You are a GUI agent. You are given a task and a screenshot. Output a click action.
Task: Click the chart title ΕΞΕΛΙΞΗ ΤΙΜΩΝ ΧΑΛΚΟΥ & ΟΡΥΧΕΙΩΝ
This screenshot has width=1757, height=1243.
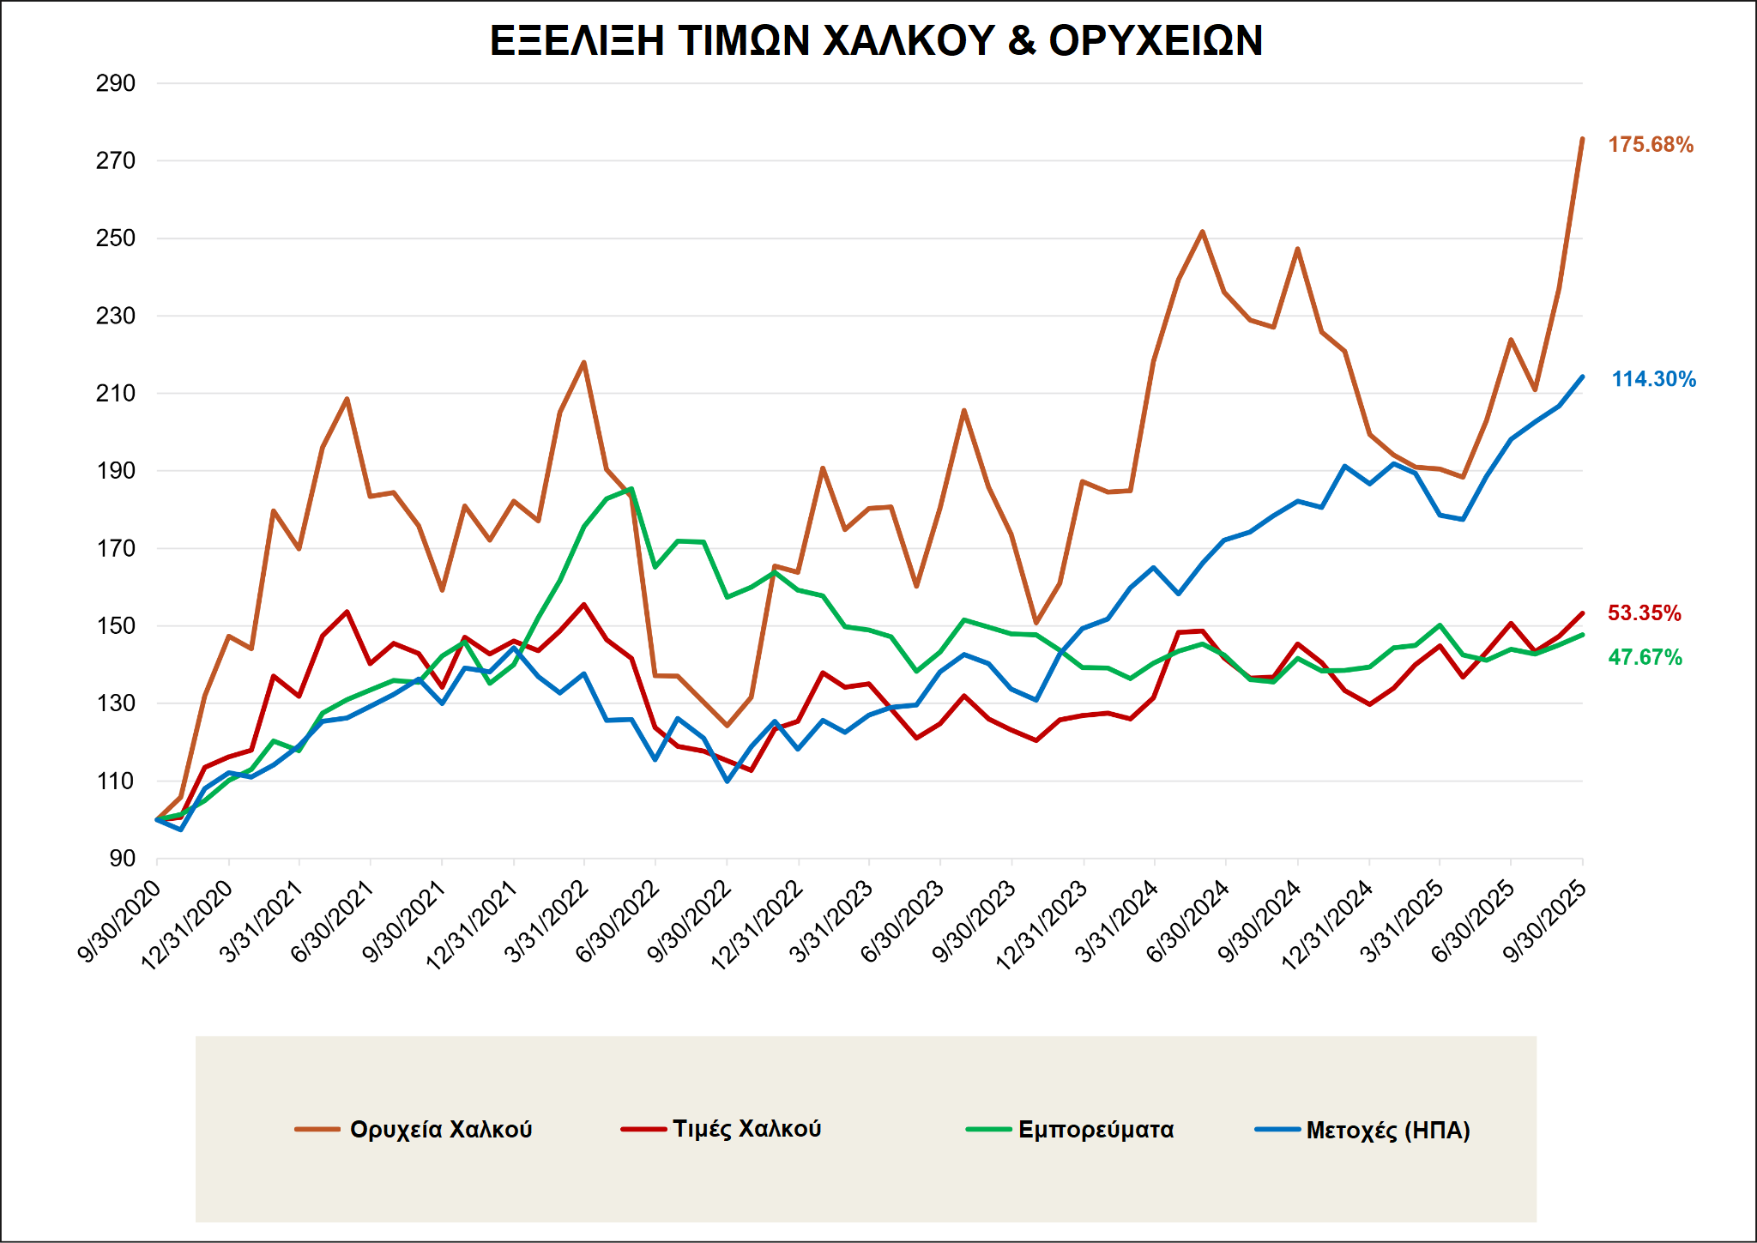click(876, 40)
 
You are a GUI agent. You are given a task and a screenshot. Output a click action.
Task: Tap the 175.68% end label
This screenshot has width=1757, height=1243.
click(1651, 145)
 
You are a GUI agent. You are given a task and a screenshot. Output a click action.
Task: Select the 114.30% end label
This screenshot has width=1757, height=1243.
click(1653, 379)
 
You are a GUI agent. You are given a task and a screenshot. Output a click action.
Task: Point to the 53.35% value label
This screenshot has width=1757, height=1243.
click(1644, 613)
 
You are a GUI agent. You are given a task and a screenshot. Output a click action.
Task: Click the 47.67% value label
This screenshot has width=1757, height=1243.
click(1645, 658)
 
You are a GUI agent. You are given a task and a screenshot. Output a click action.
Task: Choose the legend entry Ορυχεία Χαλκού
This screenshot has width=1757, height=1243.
click(441, 1129)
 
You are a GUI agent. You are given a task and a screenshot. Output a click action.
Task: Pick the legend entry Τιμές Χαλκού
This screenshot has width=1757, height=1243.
click(746, 1129)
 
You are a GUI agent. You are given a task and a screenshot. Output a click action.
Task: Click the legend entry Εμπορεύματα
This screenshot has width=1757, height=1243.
click(1096, 1130)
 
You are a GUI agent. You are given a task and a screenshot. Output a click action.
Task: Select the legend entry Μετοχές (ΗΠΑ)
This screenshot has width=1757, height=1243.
click(1387, 1131)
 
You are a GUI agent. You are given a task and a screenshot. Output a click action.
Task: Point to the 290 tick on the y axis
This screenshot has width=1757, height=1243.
click(116, 84)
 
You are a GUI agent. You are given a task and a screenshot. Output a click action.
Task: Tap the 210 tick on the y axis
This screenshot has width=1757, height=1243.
click(116, 394)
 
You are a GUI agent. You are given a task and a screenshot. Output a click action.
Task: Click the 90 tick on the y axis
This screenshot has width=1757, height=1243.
click(122, 859)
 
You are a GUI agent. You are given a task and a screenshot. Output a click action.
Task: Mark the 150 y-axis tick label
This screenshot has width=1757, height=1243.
click(116, 626)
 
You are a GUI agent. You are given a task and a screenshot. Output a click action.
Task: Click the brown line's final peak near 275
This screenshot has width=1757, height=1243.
click(1582, 139)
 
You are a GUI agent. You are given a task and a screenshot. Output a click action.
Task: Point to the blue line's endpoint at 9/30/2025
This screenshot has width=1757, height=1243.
click(1582, 377)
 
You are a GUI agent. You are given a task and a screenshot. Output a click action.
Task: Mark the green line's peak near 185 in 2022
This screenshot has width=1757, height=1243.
click(631, 489)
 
